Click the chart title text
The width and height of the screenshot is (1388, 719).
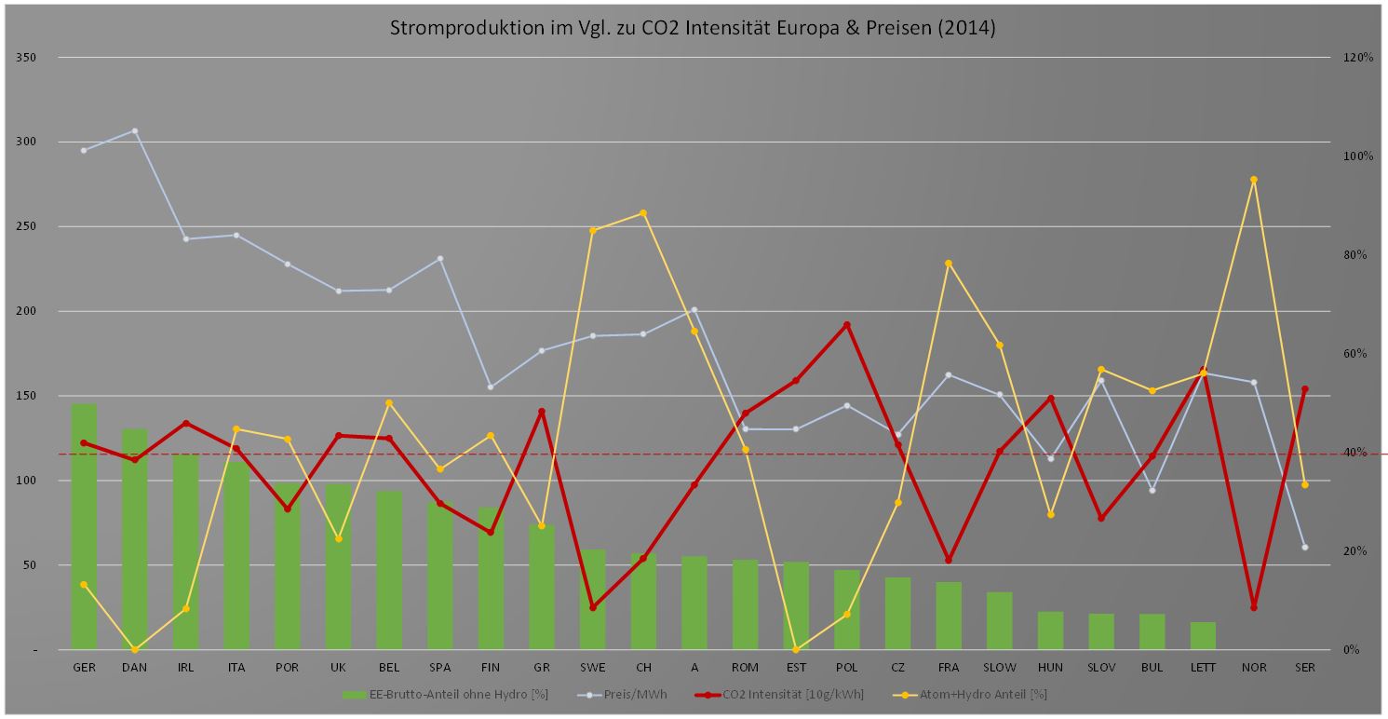pyautogui.click(x=692, y=28)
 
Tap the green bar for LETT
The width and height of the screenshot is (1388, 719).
pyautogui.click(x=1203, y=635)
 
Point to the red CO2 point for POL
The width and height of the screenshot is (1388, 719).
pyautogui.click(x=846, y=325)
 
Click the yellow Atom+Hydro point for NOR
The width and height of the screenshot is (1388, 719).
pyautogui.click(x=1253, y=180)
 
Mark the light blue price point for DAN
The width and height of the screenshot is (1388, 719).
pyautogui.click(x=134, y=131)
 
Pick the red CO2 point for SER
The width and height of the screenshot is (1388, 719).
pyautogui.click(x=1304, y=389)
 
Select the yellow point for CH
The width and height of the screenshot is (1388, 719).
pyautogui.click(x=643, y=213)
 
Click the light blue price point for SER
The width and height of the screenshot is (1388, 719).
pyautogui.click(x=1304, y=547)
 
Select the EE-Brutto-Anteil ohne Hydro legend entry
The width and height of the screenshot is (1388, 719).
pyautogui.click(x=438, y=694)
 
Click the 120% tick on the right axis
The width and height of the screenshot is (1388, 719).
pyautogui.click(x=1358, y=58)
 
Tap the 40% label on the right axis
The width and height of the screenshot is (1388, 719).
pyautogui.click(x=1355, y=453)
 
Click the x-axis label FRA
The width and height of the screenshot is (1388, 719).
pyautogui.click(x=948, y=668)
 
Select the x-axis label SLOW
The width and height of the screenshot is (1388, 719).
pyautogui.click(x=999, y=668)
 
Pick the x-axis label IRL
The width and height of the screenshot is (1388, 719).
pyautogui.click(x=185, y=668)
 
